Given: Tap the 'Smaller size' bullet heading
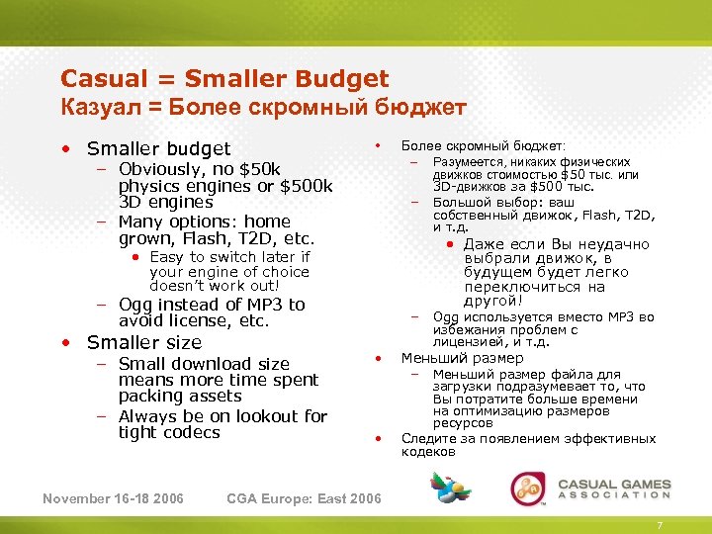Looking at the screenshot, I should pyautogui.click(x=143, y=342).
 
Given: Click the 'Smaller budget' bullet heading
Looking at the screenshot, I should pyautogui.click(x=158, y=148).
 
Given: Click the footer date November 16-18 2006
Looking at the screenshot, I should pyautogui.click(x=113, y=497).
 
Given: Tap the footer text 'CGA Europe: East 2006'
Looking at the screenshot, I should pyautogui.click(x=304, y=497).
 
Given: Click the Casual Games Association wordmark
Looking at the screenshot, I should pyautogui.click(x=614, y=489).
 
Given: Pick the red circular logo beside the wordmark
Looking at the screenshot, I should pyautogui.click(x=527, y=489).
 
